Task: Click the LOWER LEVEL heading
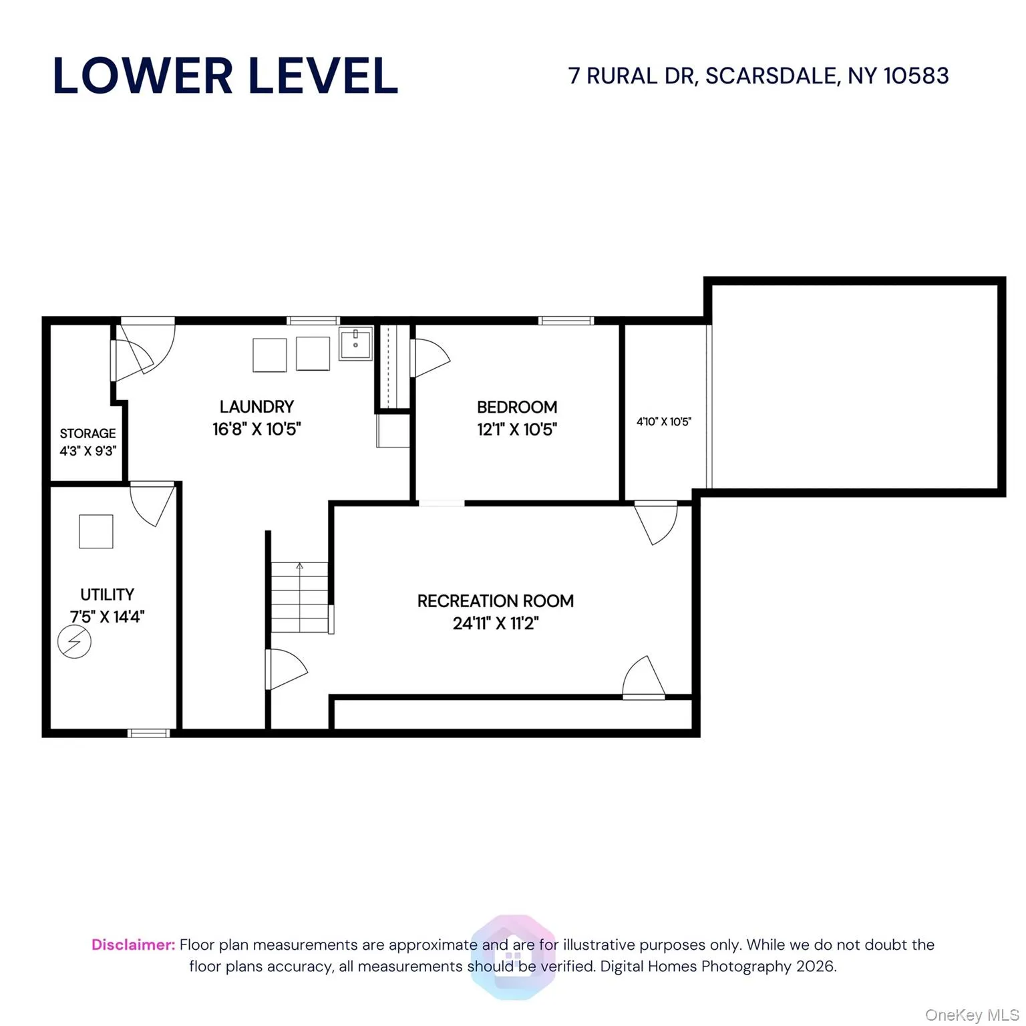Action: coord(225,75)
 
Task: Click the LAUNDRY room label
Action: coord(256,407)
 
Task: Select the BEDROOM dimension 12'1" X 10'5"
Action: coord(516,430)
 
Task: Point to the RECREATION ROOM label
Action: coord(495,601)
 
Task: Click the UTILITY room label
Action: coord(107,594)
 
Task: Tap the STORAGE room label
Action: coord(88,434)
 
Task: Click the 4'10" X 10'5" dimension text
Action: coord(663,421)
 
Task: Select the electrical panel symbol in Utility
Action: coord(74,642)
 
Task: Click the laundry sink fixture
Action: coord(355,344)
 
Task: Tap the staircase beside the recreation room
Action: coord(299,597)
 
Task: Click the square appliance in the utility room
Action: coord(96,532)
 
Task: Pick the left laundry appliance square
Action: coord(269,355)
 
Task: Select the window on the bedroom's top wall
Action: coord(566,321)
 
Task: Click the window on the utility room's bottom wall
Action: coord(148,733)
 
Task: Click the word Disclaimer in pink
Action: coord(133,945)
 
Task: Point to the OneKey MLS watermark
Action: coord(971,1015)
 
